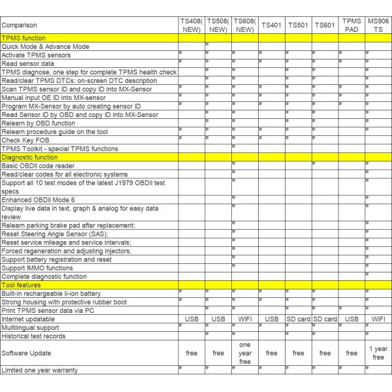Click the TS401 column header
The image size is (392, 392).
coord(271,25)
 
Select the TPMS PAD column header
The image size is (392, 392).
coord(351,25)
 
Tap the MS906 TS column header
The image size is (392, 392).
coord(378,25)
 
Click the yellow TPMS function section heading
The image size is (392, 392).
coord(24,38)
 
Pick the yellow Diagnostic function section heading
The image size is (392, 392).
coord(29,157)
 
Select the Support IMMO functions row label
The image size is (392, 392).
coord(37,268)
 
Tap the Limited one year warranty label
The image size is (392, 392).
coord(40,370)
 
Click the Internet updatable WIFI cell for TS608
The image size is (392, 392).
coord(244,319)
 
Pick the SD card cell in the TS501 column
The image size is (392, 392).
coord(298,319)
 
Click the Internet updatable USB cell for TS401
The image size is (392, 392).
coord(271,319)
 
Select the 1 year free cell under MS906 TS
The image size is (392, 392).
coord(378,353)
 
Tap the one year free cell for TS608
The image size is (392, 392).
coord(244,353)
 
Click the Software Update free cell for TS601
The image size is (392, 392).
coord(325,353)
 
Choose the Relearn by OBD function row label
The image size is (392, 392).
coord(39,123)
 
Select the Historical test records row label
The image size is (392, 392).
coord(33,336)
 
